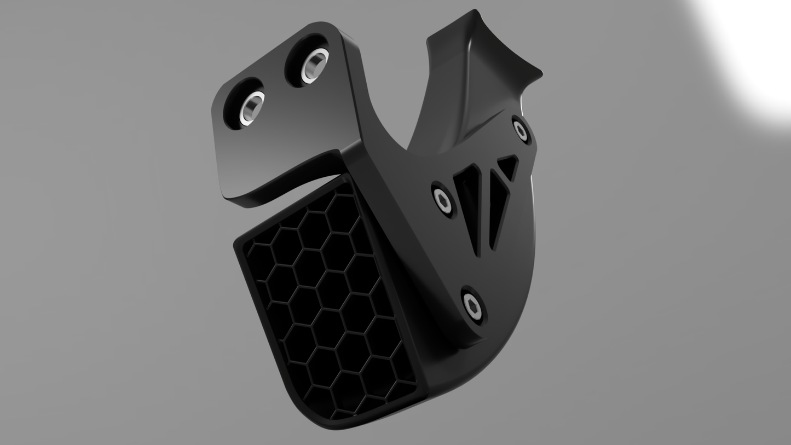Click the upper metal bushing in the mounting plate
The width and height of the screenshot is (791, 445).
(314, 65)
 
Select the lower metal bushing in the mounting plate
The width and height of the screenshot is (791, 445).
(251, 107)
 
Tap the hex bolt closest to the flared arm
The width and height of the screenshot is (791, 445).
(520, 130)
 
